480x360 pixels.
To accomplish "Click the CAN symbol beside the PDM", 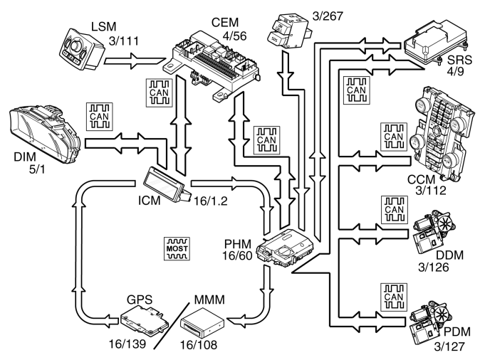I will click(x=392, y=295).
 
